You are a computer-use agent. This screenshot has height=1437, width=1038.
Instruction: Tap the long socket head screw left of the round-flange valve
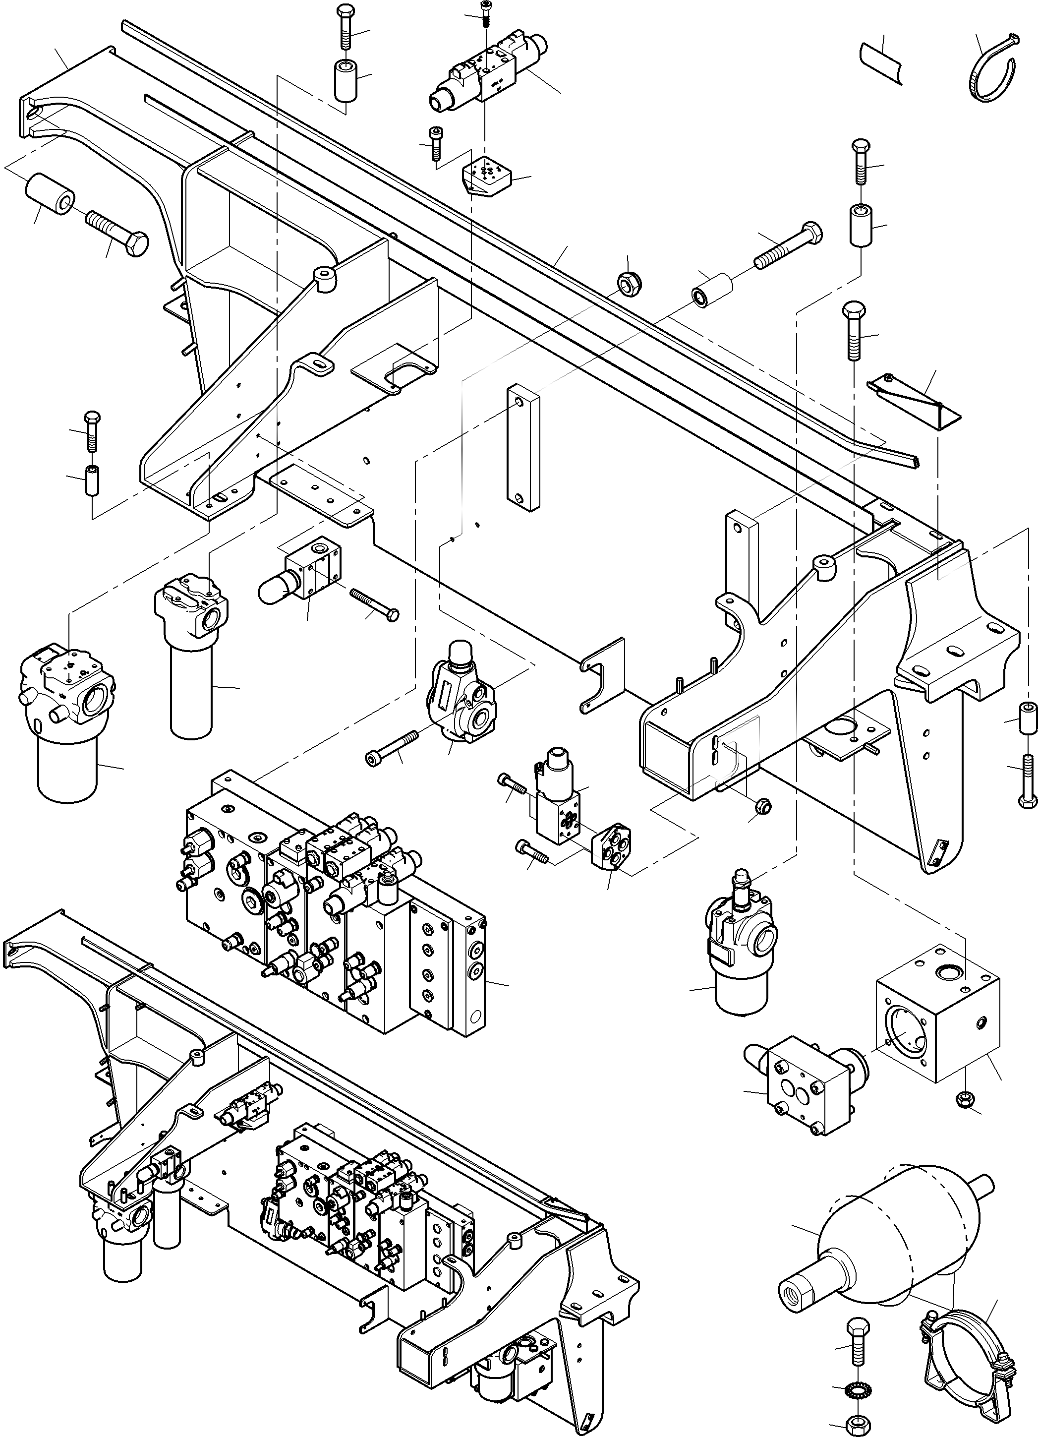[x=393, y=748]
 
